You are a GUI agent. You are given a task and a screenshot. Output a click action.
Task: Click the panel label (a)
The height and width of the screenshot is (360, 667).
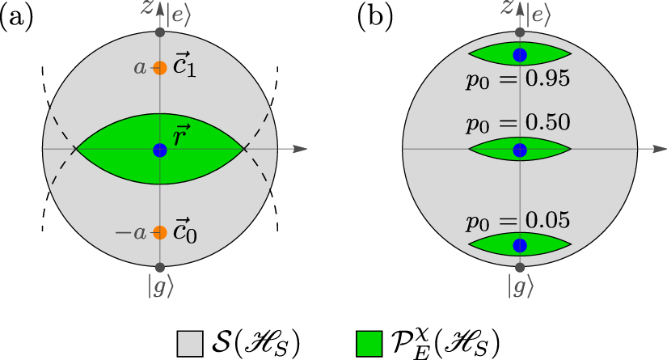(x=17, y=19)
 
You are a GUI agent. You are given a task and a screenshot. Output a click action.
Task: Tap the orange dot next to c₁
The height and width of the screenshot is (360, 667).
(x=160, y=69)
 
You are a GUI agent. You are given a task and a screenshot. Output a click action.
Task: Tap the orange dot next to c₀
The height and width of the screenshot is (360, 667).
(x=160, y=232)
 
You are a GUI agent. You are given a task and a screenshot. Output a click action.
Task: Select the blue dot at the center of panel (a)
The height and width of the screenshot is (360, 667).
(x=160, y=150)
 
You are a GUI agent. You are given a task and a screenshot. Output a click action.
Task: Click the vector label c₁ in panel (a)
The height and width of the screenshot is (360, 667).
(x=185, y=68)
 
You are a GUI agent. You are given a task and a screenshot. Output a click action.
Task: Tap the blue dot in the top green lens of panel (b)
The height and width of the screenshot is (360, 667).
(x=521, y=55)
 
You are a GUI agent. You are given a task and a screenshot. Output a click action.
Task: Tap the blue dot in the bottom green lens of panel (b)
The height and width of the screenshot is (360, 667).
(x=521, y=245)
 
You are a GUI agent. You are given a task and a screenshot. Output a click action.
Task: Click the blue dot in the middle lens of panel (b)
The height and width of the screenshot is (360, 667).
(x=521, y=150)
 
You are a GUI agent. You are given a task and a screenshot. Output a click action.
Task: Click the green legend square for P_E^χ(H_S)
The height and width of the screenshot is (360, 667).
(x=367, y=344)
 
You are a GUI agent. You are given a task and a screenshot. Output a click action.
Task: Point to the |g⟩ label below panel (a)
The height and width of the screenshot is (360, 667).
(x=160, y=288)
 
